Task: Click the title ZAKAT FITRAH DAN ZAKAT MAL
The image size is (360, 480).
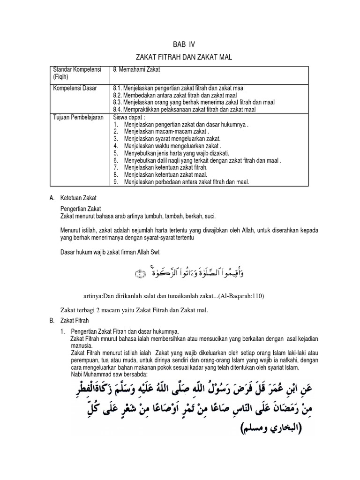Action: click(x=180, y=57)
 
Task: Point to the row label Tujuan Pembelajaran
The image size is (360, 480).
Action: click(x=79, y=116)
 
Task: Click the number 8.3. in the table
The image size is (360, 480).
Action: click(x=118, y=102)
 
